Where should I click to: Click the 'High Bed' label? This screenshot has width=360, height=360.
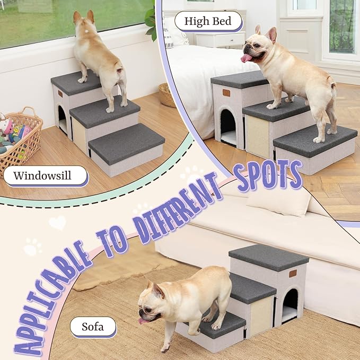tap(208, 22)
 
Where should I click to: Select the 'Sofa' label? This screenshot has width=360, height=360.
tap(92, 327)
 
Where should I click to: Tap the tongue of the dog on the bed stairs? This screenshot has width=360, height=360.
tap(247, 58)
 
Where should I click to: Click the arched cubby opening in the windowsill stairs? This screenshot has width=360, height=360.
tap(62, 119)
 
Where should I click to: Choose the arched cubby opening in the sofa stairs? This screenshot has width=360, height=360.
tap(289, 306)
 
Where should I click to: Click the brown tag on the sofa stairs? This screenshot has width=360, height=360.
tap(292, 274)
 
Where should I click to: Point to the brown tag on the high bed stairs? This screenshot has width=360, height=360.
tap(226, 93)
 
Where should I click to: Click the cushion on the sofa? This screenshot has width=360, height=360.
tap(278, 202)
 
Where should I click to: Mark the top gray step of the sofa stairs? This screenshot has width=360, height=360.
tap(268, 257)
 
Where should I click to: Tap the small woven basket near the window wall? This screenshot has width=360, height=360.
tap(167, 95)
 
